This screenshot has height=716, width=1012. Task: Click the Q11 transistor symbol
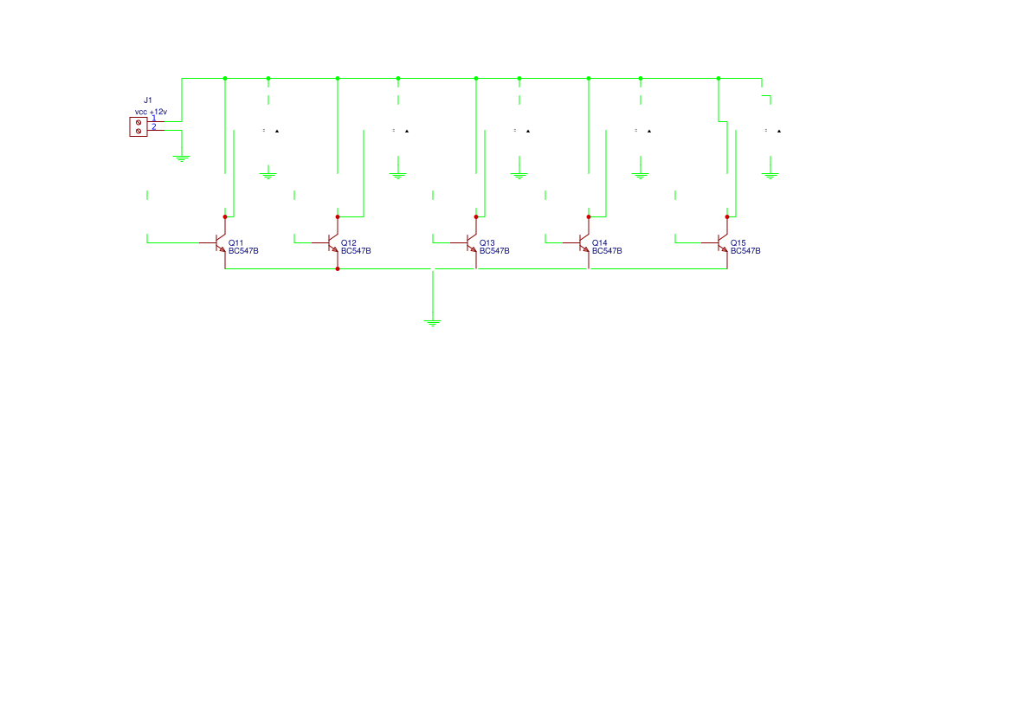(221, 243)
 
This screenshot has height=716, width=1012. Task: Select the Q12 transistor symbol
(333, 243)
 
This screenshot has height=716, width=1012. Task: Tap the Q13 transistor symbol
(472, 243)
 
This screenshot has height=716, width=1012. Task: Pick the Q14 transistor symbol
(584, 243)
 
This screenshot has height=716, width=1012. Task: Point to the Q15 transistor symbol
(723, 243)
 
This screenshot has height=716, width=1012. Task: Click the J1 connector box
(139, 126)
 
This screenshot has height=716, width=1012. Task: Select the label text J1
(148, 101)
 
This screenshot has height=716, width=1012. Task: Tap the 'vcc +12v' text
(151, 112)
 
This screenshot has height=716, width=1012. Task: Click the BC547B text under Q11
(243, 251)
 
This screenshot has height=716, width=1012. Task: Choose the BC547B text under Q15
(745, 251)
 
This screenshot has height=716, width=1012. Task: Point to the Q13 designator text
(487, 242)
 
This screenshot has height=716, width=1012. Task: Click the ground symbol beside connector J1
(182, 158)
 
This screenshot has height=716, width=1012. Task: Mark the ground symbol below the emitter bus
(433, 323)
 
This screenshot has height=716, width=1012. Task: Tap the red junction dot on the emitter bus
(338, 269)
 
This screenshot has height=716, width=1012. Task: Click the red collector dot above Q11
(225, 217)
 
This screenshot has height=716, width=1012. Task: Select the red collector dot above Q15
(727, 217)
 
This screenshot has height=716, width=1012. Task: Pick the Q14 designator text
(599, 242)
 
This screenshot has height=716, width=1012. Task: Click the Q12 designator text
(348, 242)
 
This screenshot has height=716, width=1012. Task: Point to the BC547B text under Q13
(494, 251)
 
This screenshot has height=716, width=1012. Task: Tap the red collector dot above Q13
(476, 217)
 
